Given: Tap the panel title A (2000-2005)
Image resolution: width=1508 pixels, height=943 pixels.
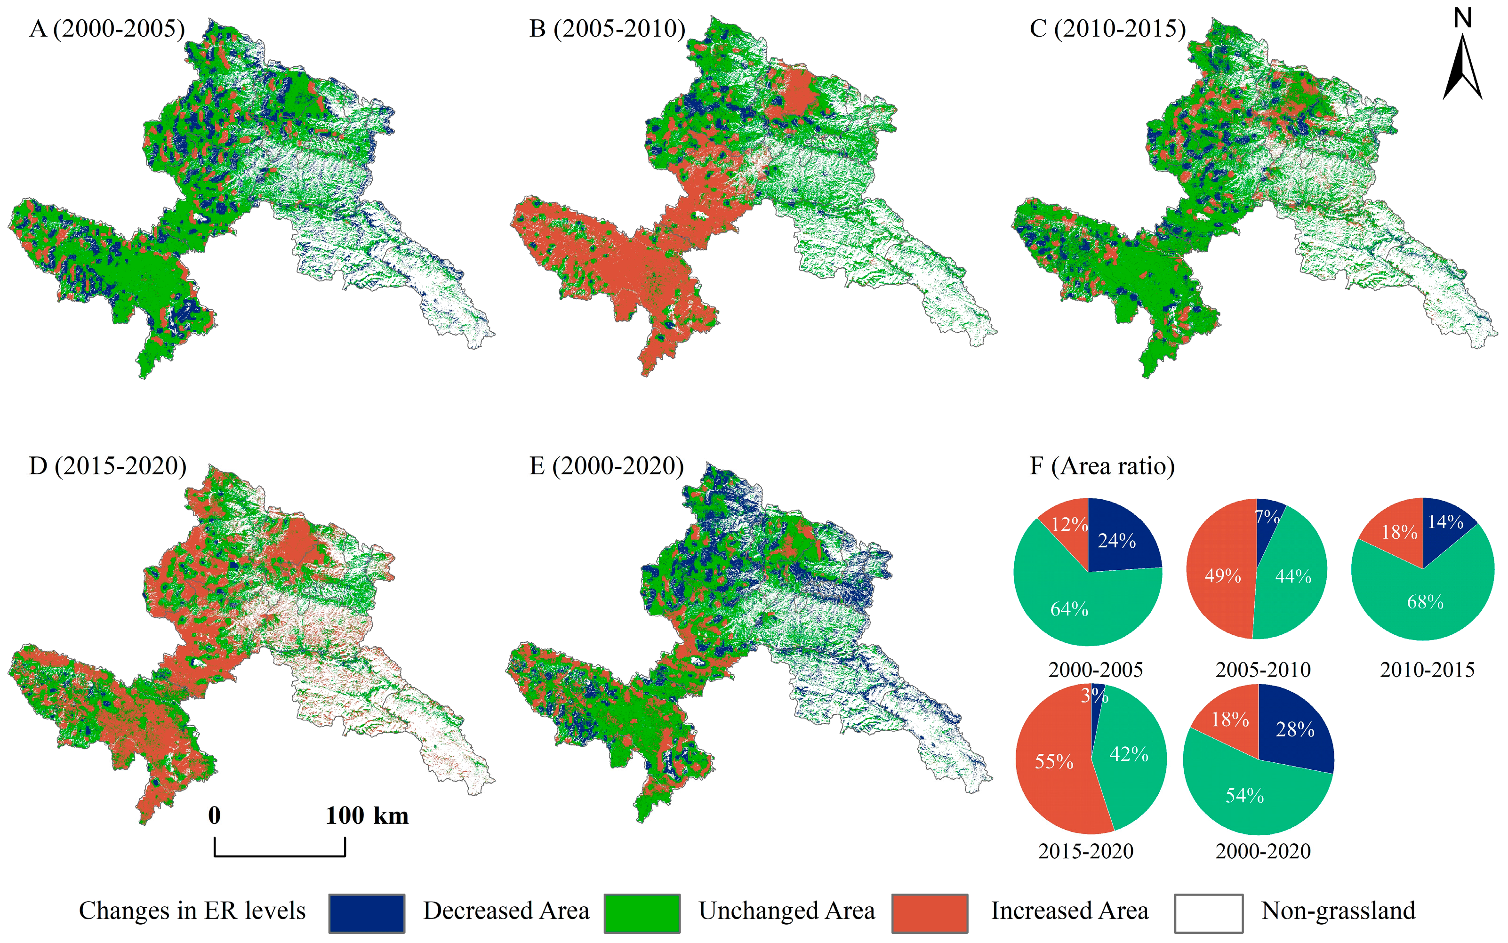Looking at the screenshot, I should click(x=107, y=29).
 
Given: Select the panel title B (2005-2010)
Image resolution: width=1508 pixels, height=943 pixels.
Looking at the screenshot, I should click(x=607, y=29).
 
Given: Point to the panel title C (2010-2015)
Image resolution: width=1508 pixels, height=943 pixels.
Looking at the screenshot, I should click(x=1107, y=29).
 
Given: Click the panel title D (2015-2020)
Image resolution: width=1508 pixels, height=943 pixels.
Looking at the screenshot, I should click(x=107, y=466).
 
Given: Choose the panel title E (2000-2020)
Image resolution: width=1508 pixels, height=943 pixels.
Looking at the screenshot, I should click(x=606, y=466).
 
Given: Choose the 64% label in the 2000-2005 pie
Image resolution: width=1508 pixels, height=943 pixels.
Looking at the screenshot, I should click(x=1069, y=609).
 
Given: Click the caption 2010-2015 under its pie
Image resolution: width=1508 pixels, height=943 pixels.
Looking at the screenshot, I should click(x=1427, y=670).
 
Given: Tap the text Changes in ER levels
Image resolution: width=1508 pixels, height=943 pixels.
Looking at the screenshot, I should click(x=192, y=911).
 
